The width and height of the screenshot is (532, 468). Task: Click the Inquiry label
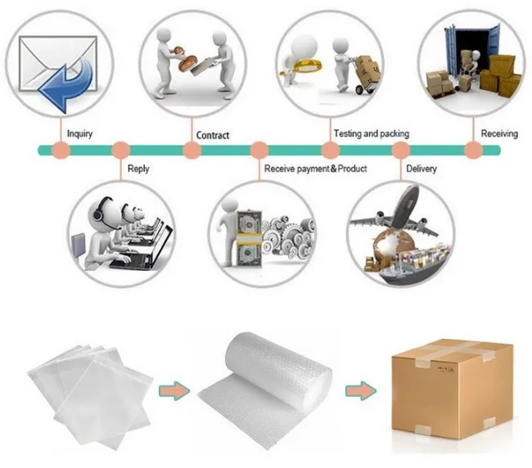pos(79,134)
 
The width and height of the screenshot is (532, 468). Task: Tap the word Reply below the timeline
pos(138,169)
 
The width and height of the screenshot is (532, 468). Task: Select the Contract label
pos(213,135)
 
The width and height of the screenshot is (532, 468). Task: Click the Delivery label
pos(422,169)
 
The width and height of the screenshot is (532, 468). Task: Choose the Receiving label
pos(499,133)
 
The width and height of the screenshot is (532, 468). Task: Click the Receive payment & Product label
pos(315,169)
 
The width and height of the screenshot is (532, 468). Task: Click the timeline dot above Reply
pos(121,151)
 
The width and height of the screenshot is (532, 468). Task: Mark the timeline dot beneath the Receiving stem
pos(473,151)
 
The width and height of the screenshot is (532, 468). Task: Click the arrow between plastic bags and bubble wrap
pos(173,390)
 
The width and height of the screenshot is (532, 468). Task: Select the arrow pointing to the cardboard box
pos(358,390)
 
